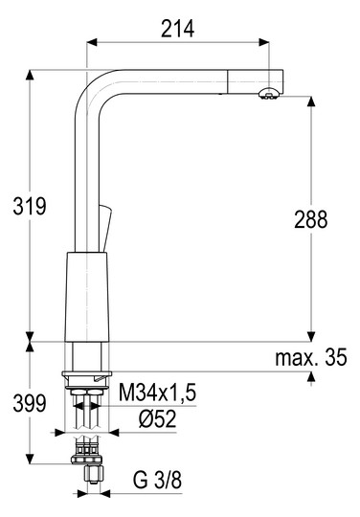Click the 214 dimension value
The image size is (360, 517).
click(178, 29)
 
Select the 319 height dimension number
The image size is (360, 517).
click(30, 207)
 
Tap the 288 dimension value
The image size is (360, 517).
click(311, 219)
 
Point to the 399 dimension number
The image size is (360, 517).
click(30, 403)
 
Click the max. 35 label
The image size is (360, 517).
click(311, 357)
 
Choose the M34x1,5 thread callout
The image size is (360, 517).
click(157, 393)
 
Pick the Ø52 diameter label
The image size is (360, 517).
click(157, 418)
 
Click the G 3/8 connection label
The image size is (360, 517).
click(157, 480)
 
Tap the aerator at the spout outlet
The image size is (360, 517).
click(269, 94)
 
